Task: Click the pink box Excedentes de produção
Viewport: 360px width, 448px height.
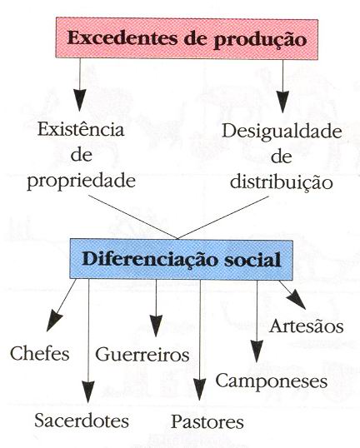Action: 187,38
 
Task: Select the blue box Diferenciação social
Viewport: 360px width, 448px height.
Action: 182,259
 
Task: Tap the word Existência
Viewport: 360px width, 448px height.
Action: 81,129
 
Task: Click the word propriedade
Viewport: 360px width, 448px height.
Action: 81,182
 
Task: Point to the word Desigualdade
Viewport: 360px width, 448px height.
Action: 282,132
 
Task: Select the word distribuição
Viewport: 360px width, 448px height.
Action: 282,182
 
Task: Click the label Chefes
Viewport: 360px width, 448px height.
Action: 40,353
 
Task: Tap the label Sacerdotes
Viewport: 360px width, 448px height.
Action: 82,421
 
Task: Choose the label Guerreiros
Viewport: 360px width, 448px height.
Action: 142,355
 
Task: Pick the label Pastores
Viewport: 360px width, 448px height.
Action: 207,422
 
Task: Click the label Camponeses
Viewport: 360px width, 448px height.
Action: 272,381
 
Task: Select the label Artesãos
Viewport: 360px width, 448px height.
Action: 306,326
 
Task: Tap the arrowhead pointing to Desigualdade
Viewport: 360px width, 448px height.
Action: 282,102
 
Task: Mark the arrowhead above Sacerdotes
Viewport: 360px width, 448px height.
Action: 88,392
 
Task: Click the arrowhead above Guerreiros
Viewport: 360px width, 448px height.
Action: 156,326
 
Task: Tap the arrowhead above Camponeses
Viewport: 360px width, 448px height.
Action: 257,351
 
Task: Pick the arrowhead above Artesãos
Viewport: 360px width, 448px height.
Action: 297,300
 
